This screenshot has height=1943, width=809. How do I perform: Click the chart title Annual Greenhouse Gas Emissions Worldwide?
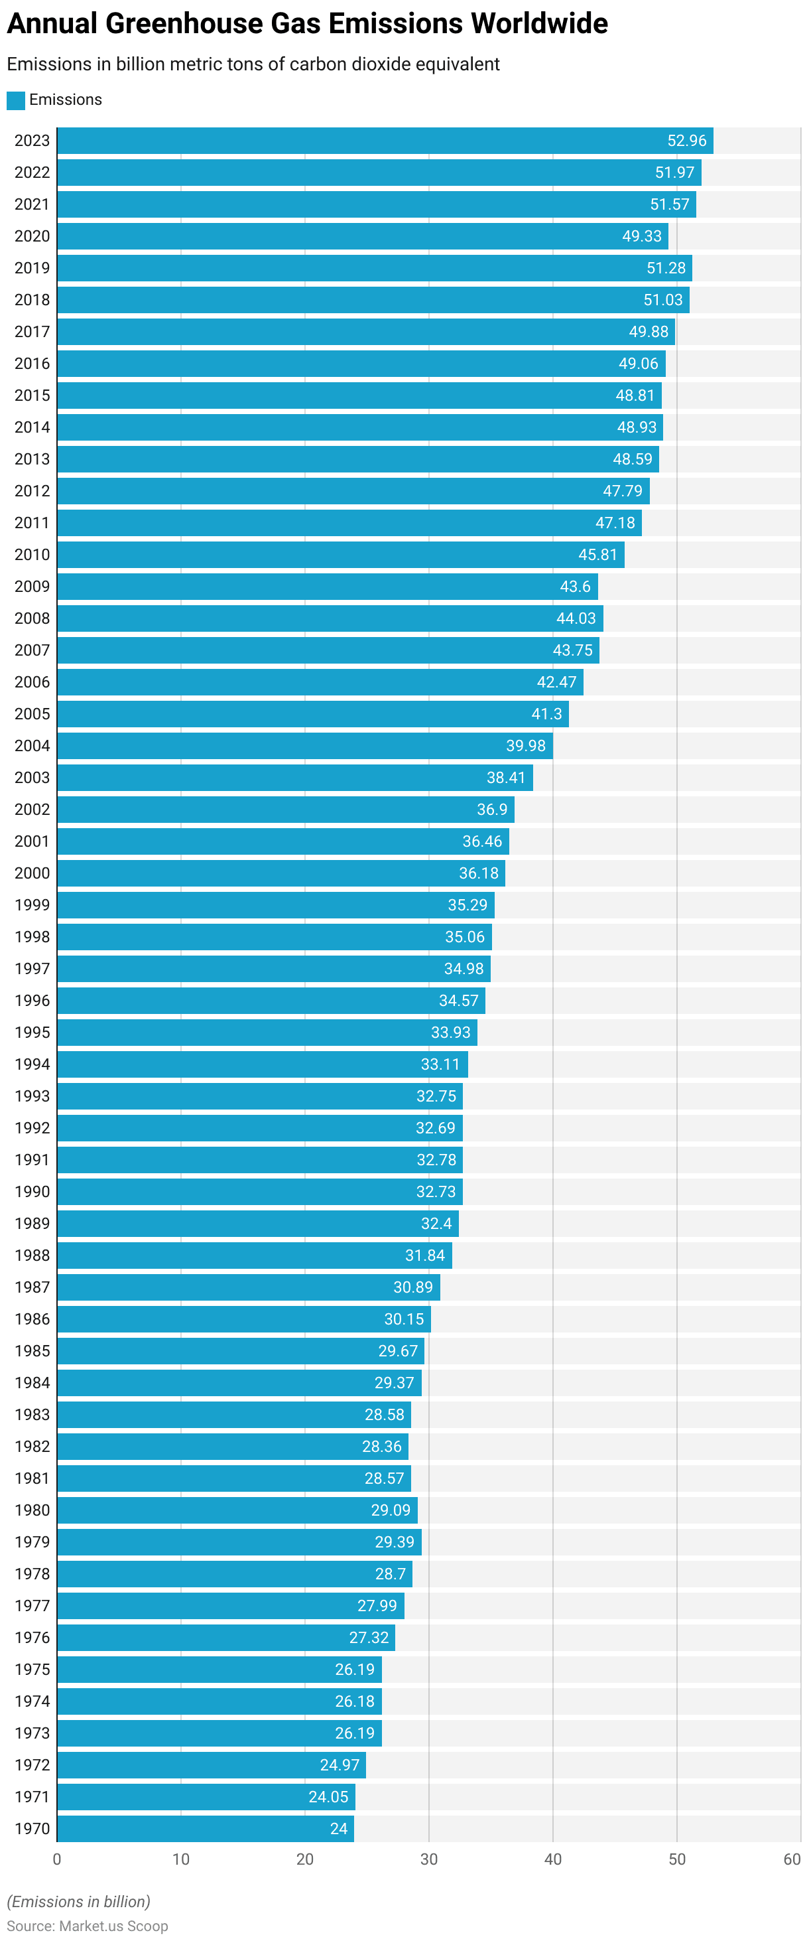click(x=307, y=24)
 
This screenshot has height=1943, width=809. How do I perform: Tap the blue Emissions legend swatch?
click(x=16, y=100)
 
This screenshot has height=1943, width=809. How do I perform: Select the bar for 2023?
click(x=385, y=141)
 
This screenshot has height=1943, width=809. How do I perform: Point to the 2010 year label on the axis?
click(x=32, y=554)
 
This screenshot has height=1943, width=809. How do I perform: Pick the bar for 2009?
click(x=327, y=587)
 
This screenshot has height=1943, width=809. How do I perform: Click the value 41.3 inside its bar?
click(x=546, y=713)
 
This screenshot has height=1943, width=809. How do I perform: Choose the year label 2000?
click(x=32, y=873)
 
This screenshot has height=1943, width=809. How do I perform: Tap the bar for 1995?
click(x=267, y=1033)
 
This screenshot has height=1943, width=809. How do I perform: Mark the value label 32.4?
click(x=436, y=1224)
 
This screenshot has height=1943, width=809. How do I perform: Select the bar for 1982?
click(x=232, y=1447)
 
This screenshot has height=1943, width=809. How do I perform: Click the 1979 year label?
click(x=32, y=1542)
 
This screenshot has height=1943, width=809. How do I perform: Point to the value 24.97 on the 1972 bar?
click(x=340, y=1765)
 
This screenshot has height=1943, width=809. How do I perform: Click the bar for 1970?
click(x=205, y=1828)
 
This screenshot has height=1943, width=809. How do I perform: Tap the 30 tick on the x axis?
click(x=428, y=1859)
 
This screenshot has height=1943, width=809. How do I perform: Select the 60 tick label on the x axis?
click(x=792, y=1859)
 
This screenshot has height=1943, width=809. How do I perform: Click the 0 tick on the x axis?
click(x=56, y=1859)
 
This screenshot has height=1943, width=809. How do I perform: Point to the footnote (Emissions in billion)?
click(x=78, y=1901)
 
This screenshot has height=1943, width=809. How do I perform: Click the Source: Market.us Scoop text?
click(x=88, y=1926)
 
